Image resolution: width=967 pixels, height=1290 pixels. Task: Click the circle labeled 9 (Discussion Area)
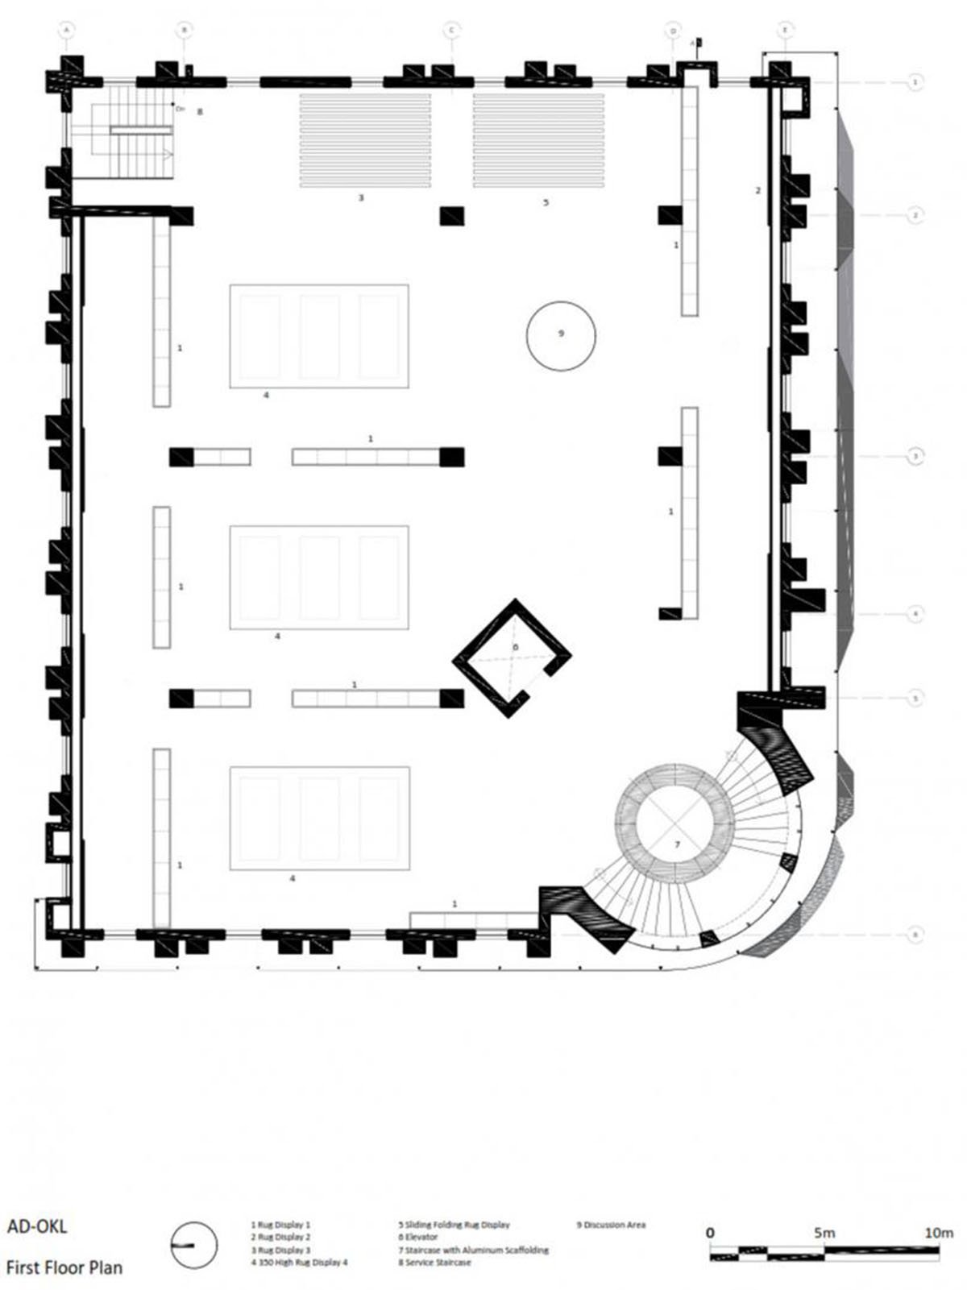click(561, 335)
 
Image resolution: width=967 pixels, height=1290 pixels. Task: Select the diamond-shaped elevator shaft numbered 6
click(512, 657)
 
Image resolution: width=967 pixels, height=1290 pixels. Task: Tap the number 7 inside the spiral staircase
click(677, 844)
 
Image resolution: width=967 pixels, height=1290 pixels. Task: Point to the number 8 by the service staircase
click(200, 112)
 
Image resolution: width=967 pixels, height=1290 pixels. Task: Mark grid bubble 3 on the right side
click(915, 456)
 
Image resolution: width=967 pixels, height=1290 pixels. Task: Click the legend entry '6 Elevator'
click(418, 1237)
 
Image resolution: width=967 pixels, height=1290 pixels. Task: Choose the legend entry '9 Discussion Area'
click(612, 1225)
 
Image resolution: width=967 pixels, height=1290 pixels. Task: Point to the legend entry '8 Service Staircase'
click(434, 1263)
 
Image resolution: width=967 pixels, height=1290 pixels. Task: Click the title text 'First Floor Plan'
click(64, 1267)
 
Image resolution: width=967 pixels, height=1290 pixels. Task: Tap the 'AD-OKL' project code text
click(37, 1227)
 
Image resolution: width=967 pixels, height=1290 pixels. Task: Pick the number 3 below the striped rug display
click(361, 197)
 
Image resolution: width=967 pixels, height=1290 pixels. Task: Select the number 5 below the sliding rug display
click(546, 202)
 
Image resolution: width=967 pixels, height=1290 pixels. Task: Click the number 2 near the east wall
click(757, 190)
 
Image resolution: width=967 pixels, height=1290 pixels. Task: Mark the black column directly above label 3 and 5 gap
click(452, 216)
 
